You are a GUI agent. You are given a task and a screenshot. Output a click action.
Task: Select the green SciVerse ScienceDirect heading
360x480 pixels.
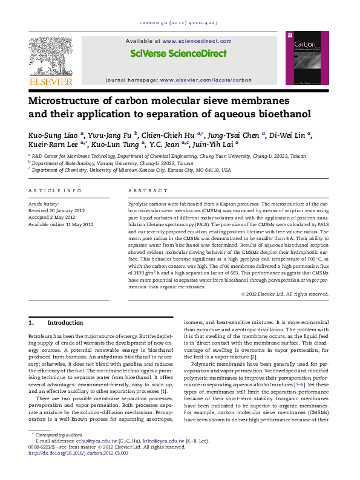pos(178,54)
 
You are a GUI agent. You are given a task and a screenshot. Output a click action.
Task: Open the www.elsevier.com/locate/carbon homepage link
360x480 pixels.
pos(205,79)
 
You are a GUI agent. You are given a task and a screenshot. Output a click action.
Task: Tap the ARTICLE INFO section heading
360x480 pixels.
pos(55,191)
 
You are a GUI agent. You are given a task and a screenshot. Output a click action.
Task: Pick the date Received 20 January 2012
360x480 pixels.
pos(59,211)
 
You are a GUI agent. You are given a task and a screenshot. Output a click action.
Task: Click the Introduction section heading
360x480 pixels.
pos(65,323)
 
